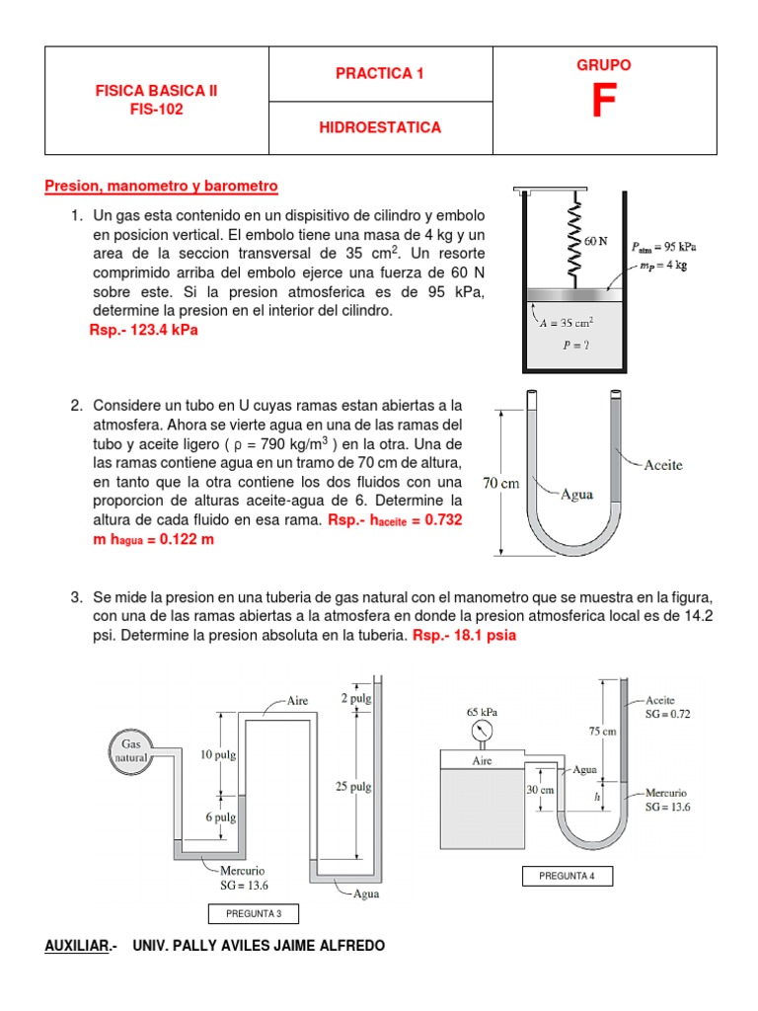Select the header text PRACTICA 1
(380, 73)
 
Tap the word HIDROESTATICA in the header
(380, 127)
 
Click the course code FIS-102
(155, 110)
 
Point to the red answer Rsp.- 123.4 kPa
(143, 330)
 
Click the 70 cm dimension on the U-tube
(500, 484)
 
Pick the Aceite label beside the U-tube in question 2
(662, 464)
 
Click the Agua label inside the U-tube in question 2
(576, 494)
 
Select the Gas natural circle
(133, 750)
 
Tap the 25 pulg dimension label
(352, 787)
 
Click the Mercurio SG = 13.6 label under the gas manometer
(242, 878)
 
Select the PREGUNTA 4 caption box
(567, 877)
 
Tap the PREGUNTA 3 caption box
(253, 912)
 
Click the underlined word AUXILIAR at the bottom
(78, 946)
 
